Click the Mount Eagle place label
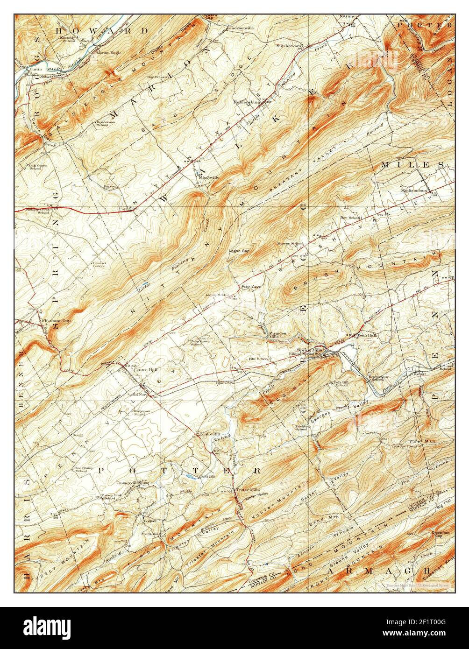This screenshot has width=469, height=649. tap(108, 52)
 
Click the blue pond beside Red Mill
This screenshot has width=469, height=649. tap(188, 477)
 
